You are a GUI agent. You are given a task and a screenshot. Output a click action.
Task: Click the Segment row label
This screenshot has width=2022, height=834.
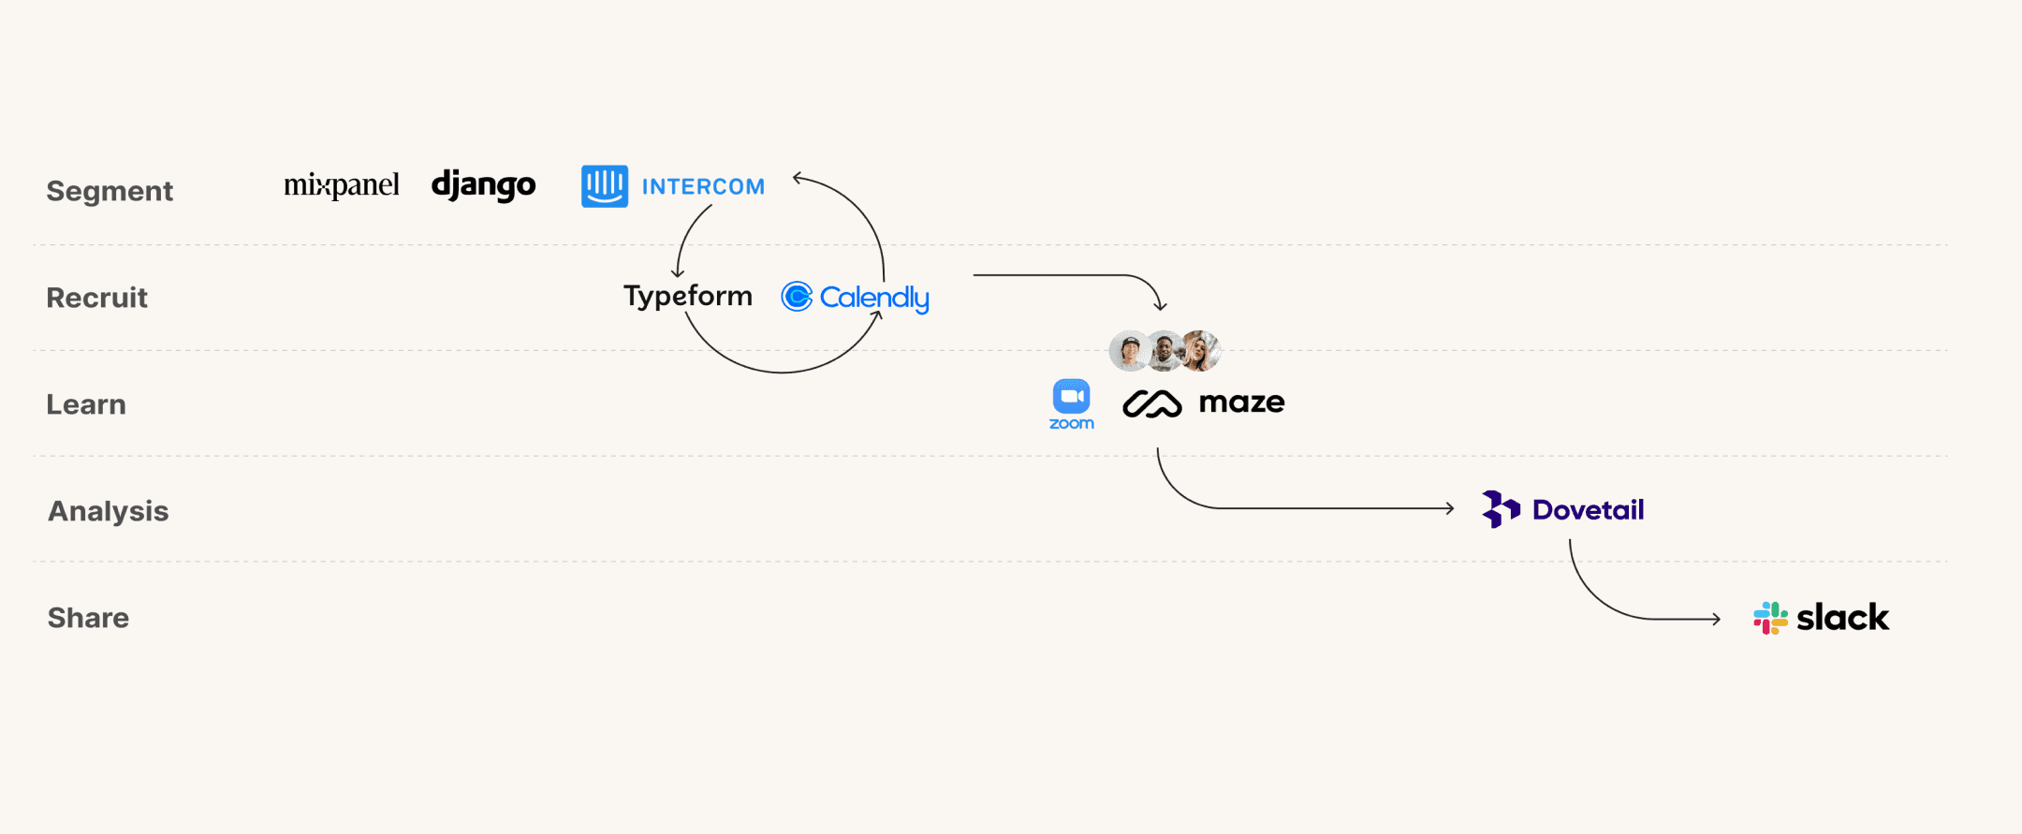(110, 191)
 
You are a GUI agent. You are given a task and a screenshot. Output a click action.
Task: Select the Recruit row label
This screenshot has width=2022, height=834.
(97, 298)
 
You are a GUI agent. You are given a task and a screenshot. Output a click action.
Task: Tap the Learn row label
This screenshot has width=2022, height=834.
(86, 404)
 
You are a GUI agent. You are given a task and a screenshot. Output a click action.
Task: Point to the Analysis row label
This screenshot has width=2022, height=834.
(108, 511)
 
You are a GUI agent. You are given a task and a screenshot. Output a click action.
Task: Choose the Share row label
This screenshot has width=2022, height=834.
(88, 618)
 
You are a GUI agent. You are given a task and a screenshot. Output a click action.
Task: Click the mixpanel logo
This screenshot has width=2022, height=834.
(341, 185)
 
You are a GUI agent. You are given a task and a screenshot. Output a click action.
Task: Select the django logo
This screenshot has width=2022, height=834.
(483, 185)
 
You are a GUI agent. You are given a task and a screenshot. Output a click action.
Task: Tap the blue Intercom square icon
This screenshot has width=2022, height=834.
(605, 186)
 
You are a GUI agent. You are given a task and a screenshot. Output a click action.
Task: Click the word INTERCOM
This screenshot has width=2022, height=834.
(703, 187)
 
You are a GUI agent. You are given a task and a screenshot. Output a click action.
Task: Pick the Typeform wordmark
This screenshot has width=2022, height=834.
(688, 297)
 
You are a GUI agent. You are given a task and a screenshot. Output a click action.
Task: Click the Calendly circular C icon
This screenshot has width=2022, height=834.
(797, 297)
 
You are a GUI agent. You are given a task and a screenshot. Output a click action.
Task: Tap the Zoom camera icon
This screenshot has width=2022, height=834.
(1071, 397)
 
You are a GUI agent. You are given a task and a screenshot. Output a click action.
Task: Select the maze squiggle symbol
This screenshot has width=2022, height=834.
(1151, 403)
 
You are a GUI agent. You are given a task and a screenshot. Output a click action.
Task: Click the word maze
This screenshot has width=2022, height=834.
(1241, 402)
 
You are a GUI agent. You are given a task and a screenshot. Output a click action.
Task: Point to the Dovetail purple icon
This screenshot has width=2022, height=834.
(1501, 509)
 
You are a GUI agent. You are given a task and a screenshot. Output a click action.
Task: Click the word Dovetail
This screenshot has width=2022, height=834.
(1588, 510)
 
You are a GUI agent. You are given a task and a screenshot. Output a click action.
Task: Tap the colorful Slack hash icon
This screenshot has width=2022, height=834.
(1770, 618)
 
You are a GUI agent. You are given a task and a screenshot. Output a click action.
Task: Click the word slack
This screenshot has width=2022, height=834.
(1842, 618)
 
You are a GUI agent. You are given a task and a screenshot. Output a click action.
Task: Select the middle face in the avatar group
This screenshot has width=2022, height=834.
(1165, 351)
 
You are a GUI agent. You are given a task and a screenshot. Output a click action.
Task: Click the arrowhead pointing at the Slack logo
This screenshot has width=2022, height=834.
(1716, 619)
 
